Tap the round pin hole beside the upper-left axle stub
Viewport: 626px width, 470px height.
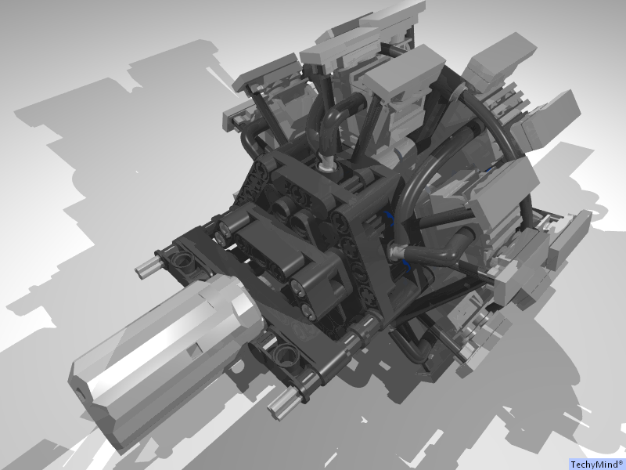[x=182, y=258]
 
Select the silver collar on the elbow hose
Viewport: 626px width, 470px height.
[x=399, y=252]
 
